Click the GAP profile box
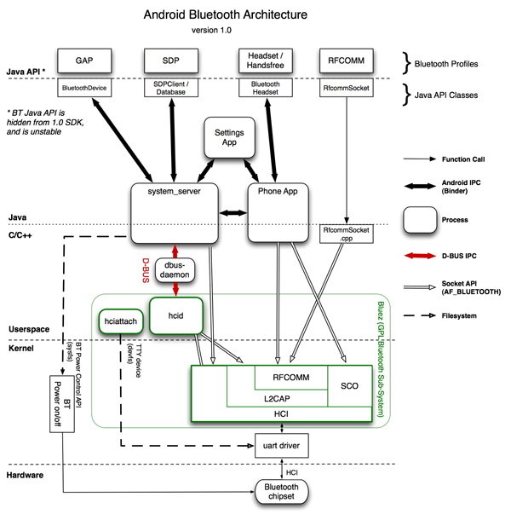click(x=84, y=62)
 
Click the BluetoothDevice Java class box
click(x=84, y=86)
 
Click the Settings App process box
click(x=229, y=139)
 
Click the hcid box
click(x=174, y=315)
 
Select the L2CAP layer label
click(x=276, y=396)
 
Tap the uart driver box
click(x=281, y=444)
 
